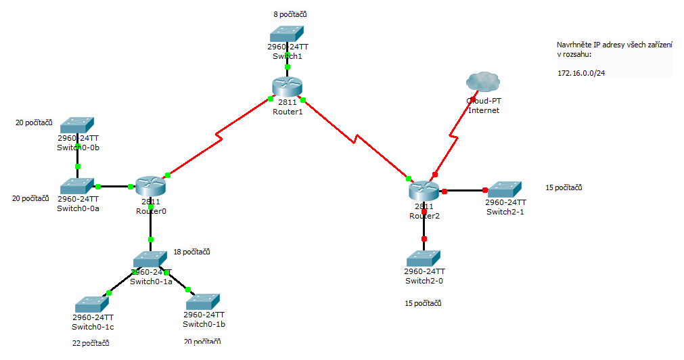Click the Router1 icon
point(287,88)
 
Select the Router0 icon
point(150,186)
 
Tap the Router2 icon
point(424,191)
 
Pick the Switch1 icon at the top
point(286,34)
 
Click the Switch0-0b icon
point(77,125)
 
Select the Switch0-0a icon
point(77,186)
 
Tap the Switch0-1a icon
point(150,259)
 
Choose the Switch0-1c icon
point(91,304)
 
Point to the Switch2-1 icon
point(505,189)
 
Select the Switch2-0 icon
point(424,258)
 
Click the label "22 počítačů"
point(91,343)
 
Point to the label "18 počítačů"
point(191,252)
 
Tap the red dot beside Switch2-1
point(485,190)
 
